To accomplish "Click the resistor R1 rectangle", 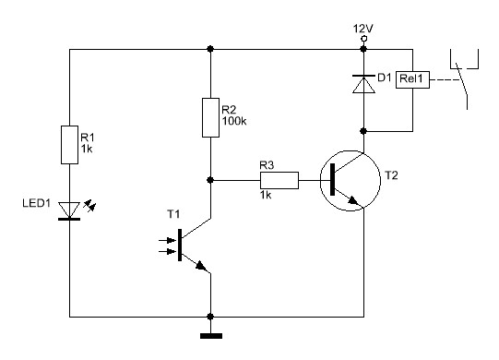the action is click(69, 145).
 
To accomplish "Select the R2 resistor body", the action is click(210, 117).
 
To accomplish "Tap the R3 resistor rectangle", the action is click(279, 180).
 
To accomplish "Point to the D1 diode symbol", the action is click(363, 84).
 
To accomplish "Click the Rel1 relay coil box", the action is click(412, 79).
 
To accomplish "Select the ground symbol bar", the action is click(211, 336).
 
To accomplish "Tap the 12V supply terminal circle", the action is click(363, 39).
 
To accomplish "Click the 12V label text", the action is click(362, 29).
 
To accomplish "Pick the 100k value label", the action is click(234, 121).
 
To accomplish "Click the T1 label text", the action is click(173, 214).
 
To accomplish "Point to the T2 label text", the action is click(391, 175).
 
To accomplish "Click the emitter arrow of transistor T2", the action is click(352, 200).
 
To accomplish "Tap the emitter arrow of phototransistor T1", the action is click(200, 265).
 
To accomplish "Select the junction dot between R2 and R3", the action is click(210, 180).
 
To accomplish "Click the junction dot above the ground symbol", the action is click(210, 317).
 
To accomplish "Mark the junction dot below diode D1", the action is click(363, 131).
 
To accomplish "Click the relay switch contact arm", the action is click(462, 78).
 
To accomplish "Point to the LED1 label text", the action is click(36, 203).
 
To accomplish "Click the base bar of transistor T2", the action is click(333, 179).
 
